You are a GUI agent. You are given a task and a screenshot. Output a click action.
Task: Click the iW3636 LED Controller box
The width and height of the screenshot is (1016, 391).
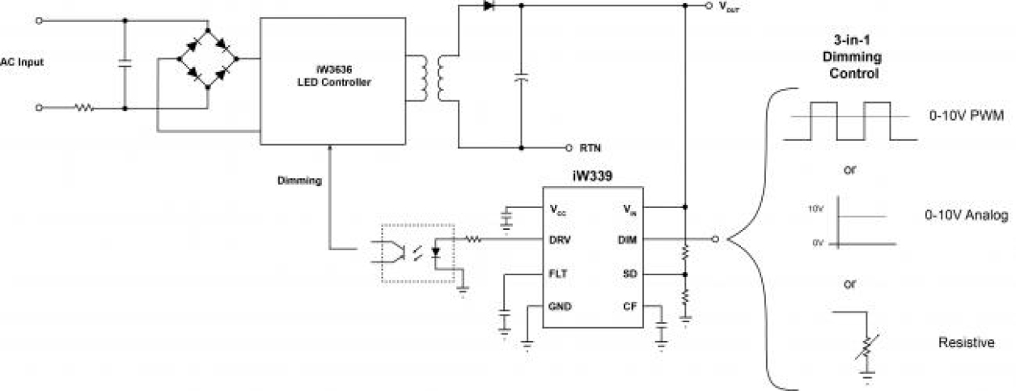click(x=332, y=82)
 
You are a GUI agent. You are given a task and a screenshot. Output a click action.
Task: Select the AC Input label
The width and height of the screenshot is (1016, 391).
click(x=22, y=62)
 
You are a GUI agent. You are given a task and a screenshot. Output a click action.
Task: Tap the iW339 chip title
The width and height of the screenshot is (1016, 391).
click(x=592, y=176)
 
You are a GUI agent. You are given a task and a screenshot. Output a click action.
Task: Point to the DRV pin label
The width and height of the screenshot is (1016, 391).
click(x=560, y=240)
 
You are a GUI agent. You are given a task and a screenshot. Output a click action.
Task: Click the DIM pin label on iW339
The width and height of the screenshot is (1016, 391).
click(x=628, y=240)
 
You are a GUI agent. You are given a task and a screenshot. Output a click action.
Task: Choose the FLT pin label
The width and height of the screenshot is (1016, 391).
click(x=557, y=274)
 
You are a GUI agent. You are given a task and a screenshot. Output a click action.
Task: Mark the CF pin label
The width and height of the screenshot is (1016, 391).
click(x=631, y=307)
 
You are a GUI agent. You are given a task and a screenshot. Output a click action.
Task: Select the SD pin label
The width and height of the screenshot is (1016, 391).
click(x=631, y=274)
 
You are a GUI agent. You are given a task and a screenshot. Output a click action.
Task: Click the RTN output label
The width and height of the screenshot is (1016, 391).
click(x=589, y=148)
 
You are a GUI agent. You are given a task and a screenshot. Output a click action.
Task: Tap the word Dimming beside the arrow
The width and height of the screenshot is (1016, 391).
click(x=300, y=181)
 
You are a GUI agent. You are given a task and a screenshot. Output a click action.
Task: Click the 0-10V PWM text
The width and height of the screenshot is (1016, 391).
click(x=967, y=117)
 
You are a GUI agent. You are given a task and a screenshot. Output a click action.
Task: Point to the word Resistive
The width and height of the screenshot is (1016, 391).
click(x=966, y=342)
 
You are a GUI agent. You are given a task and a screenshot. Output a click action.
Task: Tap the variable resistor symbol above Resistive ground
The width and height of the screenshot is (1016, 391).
click(x=866, y=346)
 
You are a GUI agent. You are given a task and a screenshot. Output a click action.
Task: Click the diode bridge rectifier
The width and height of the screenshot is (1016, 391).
click(x=209, y=59)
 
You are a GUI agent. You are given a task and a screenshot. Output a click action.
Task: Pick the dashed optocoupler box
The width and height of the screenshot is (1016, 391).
click(x=417, y=253)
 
